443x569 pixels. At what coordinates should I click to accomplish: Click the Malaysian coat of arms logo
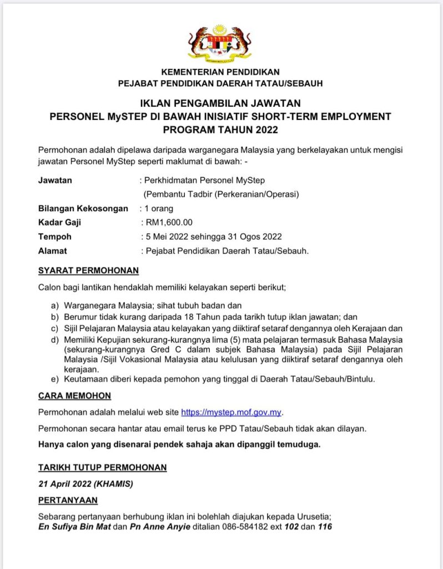[x=220, y=43]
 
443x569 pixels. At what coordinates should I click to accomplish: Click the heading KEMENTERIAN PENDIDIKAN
[x=220, y=72]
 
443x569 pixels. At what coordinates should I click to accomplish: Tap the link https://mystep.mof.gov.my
[x=232, y=412]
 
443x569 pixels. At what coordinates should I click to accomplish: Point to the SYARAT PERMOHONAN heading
[x=88, y=271]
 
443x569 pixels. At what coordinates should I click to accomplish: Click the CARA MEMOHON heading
[x=74, y=396]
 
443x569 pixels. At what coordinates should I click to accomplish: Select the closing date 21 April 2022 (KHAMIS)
[x=85, y=483]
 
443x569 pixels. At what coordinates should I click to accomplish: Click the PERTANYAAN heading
[x=68, y=500]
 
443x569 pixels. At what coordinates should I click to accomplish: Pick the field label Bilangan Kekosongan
[x=82, y=209]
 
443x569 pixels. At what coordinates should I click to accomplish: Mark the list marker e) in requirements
[x=54, y=379]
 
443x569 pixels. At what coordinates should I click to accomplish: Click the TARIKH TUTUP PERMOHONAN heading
[x=102, y=467]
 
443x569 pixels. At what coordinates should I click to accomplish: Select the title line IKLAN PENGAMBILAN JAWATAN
[x=220, y=103]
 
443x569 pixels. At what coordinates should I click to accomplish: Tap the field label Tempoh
[x=54, y=237]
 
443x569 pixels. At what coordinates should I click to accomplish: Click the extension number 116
[x=325, y=527]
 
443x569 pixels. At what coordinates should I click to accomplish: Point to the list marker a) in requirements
[x=54, y=306]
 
